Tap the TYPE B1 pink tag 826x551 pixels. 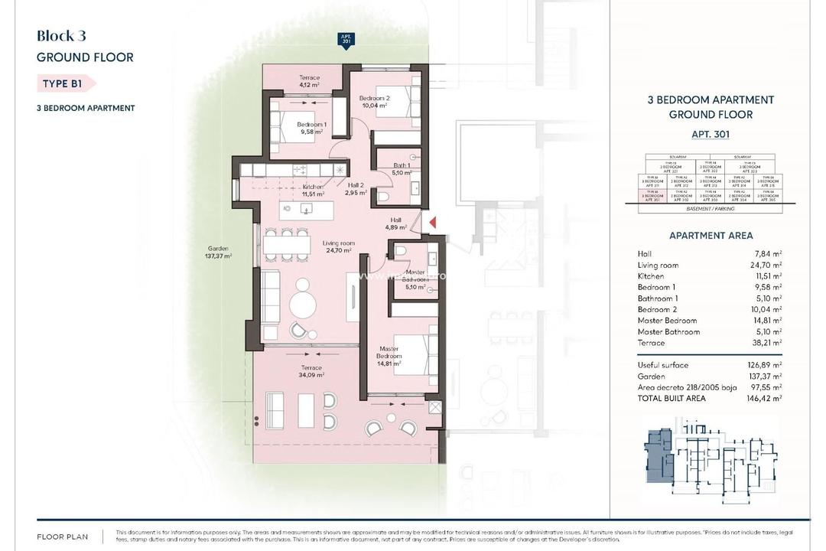[x=66, y=83]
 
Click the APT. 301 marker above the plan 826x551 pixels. [x=346, y=41]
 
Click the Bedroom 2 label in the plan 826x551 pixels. [x=375, y=102]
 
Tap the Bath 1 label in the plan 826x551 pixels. [x=402, y=168]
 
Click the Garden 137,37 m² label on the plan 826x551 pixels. [x=218, y=253]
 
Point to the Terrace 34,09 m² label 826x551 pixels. [x=311, y=372]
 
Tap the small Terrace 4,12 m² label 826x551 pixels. [x=309, y=81]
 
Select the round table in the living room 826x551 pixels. [x=303, y=305]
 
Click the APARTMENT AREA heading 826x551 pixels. [x=711, y=236]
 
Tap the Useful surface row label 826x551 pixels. [x=662, y=365]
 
